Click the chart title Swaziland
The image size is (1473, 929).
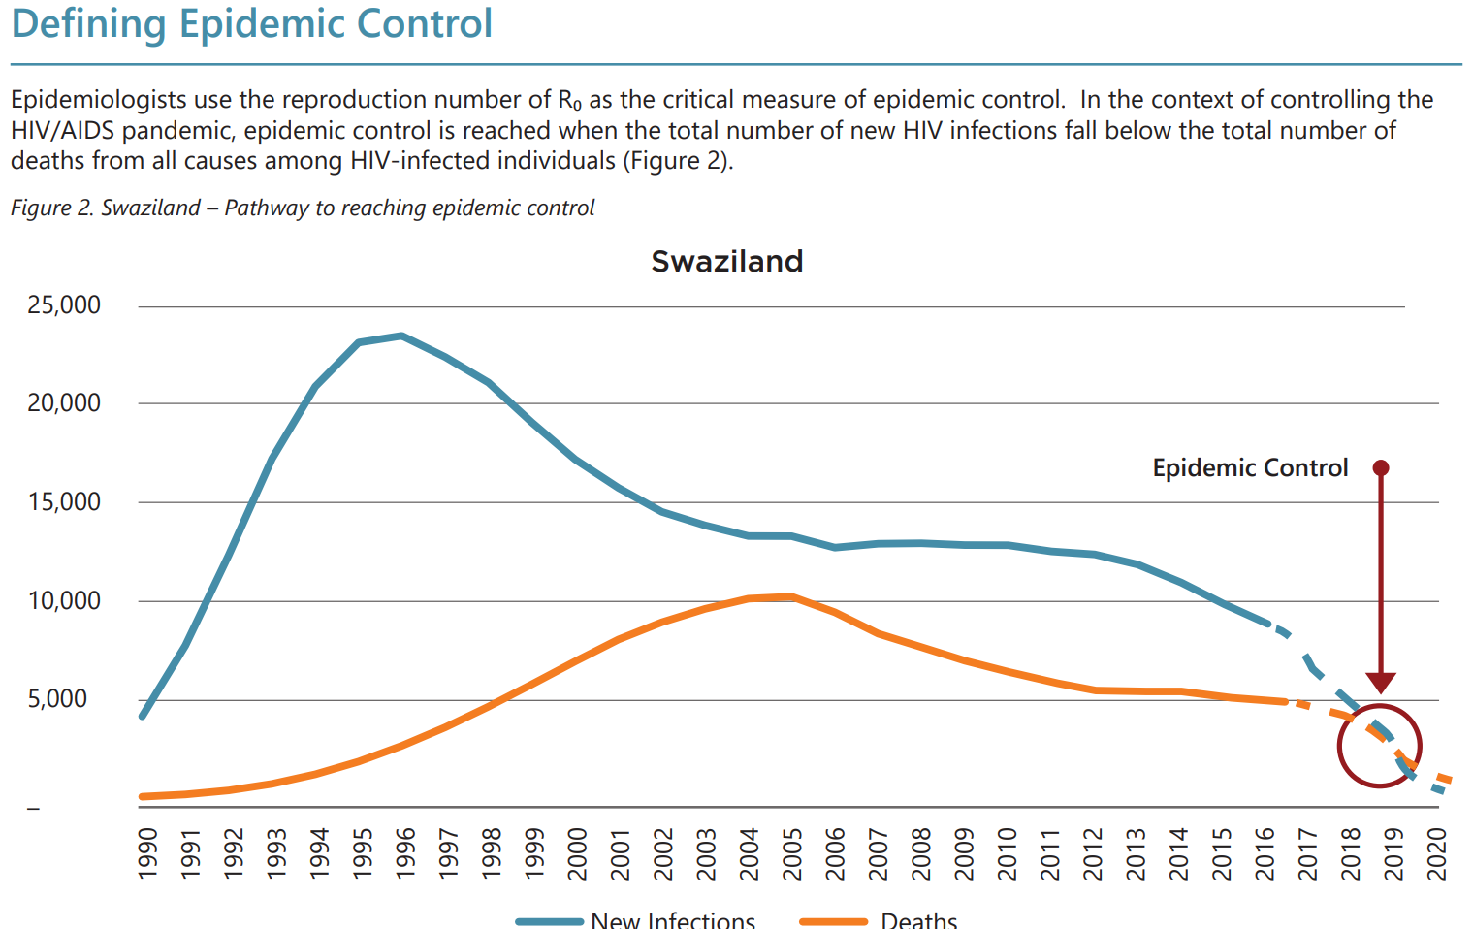coord(726,262)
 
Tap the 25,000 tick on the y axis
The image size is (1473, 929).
coord(64,305)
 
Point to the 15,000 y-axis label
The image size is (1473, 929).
coord(64,502)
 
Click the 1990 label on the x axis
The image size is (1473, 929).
coord(147,853)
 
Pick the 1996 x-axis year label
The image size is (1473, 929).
coord(405,853)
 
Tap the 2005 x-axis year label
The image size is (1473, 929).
coord(792,853)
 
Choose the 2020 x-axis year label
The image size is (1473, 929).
coord(1436,853)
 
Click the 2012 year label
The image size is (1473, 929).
coord(1093,853)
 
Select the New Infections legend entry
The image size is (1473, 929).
coord(672,920)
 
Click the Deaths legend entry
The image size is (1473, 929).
coord(918,920)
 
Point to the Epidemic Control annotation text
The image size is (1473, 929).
coord(1250,468)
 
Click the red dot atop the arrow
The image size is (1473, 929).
coord(1381,468)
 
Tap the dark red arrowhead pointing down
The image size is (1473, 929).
coord(1381,684)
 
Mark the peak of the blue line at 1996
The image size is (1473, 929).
coord(401,336)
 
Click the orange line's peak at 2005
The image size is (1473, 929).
coord(793,596)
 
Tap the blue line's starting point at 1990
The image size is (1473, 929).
coord(143,717)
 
